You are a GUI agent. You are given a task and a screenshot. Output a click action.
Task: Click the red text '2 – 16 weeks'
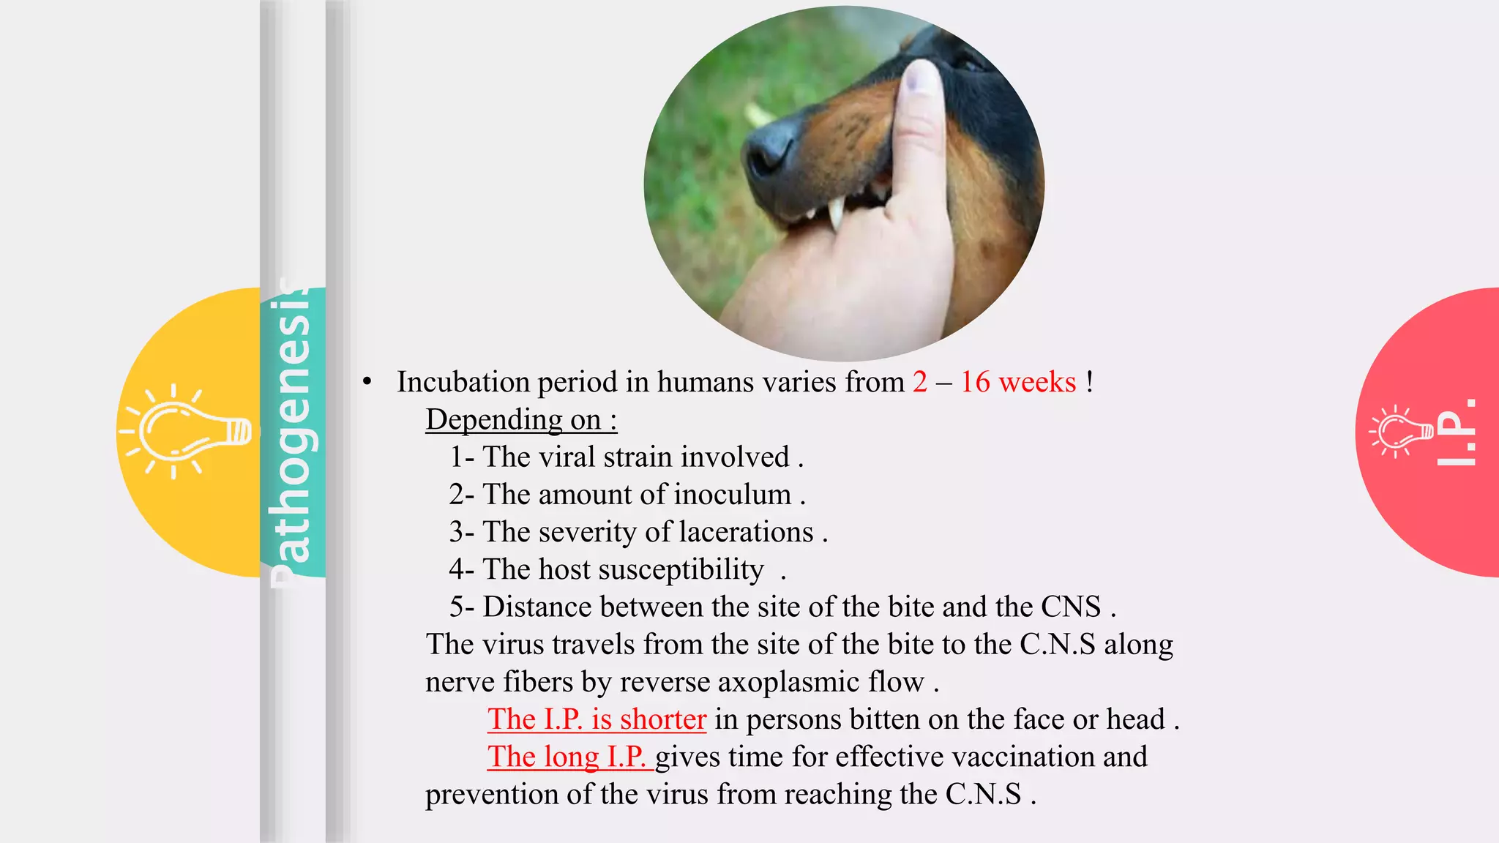pos(994,382)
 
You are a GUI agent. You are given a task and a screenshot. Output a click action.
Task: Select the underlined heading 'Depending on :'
pos(521,420)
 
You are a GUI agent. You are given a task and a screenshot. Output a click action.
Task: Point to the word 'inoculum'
pos(733,495)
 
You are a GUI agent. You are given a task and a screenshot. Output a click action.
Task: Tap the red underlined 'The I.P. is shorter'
pos(597,719)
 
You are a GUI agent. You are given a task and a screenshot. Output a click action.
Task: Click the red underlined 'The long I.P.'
pos(567,757)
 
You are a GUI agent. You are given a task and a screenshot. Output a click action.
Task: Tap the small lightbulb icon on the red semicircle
pos(1402,431)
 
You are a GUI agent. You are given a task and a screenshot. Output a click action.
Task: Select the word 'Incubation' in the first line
pos(463,382)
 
